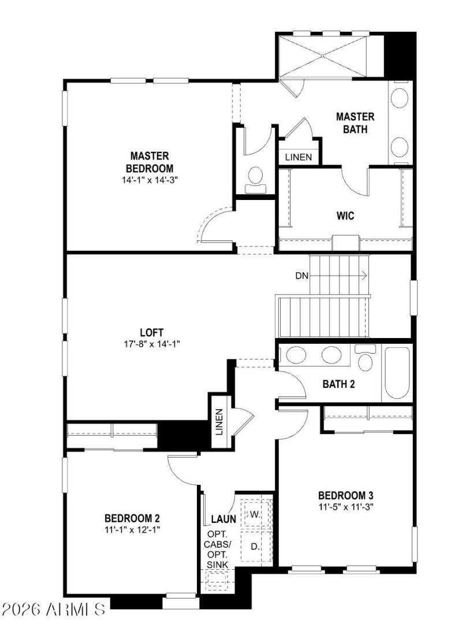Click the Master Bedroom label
pos(149,162)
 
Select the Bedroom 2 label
pos(132,518)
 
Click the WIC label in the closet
pos(345,216)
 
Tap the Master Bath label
pos(355,123)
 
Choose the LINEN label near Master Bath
pos(299,157)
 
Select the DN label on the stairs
pos(302,276)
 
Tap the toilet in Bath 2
pos(364,358)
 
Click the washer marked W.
pos(255,514)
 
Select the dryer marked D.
pos(255,545)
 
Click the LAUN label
pos(223,519)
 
